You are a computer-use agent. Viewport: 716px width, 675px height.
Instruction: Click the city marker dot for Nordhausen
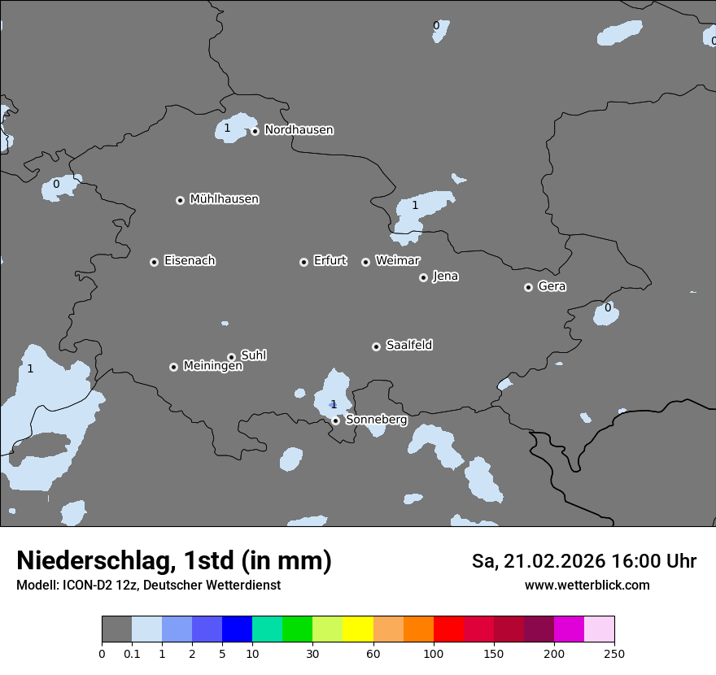point(255,131)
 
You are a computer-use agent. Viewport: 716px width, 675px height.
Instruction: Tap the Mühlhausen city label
point(224,199)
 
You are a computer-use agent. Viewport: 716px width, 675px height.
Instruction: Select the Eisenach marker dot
point(154,262)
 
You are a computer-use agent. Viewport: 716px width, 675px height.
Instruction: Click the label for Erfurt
point(330,261)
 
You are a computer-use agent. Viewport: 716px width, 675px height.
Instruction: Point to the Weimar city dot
point(365,262)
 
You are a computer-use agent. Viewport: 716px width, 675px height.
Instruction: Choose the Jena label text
point(445,277)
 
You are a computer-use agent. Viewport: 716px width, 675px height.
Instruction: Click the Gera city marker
point(528,287)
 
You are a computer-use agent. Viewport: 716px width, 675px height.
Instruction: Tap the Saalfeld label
point(408,346)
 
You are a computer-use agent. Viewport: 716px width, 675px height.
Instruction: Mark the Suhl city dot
point(231,357)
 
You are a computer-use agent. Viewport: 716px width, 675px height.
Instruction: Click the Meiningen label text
point(212,367)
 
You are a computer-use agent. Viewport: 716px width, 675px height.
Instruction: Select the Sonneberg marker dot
point(335,420)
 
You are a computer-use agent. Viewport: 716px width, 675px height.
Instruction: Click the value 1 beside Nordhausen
point(227,128)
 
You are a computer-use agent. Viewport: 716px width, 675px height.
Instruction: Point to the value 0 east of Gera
point(607,307)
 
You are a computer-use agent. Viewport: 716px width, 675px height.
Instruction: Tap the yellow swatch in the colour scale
point(358,629)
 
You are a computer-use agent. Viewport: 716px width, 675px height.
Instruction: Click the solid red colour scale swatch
point(448,629)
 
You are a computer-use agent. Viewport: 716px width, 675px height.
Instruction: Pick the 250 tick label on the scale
point(613,653)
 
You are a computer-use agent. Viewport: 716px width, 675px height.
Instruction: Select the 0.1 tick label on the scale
point(132,653)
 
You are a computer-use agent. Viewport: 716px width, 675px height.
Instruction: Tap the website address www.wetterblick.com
point(587,585)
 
